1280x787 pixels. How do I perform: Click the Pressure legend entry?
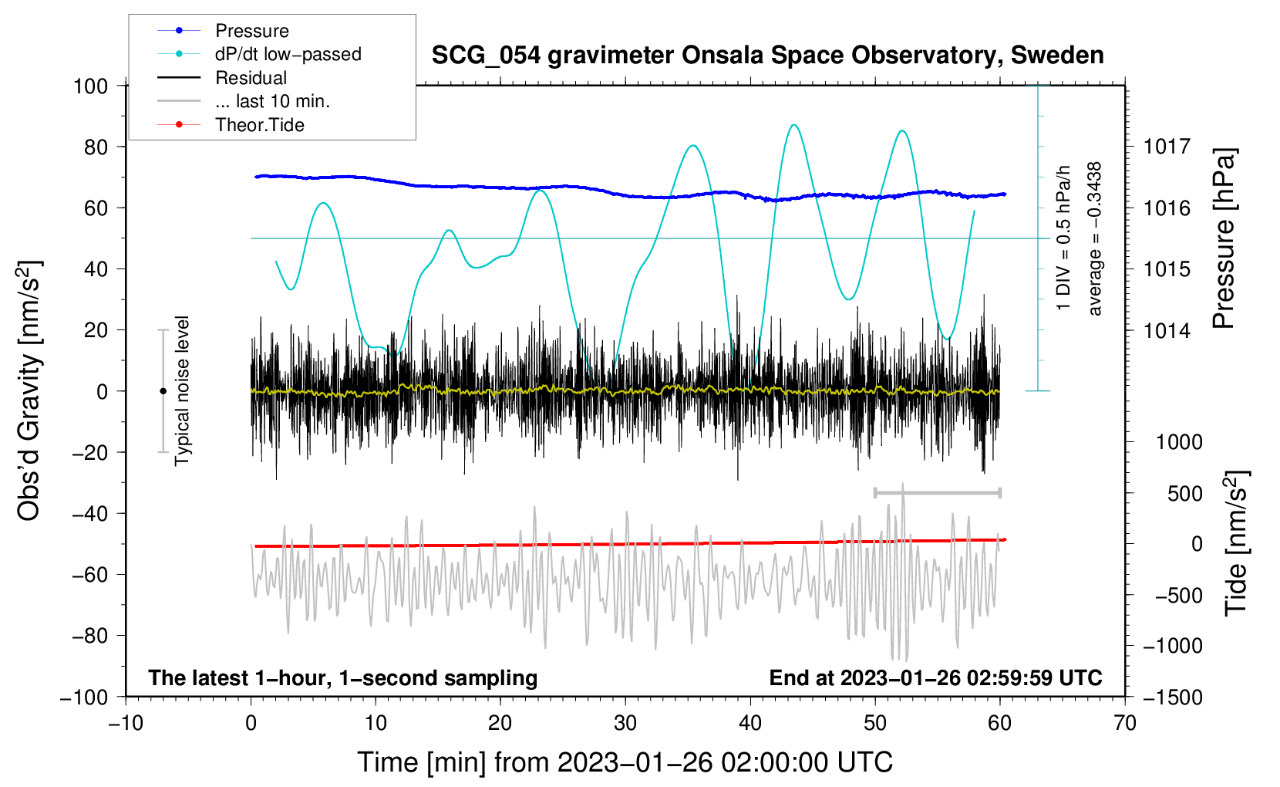point(223,30)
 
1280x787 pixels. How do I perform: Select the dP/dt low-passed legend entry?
point(259,54)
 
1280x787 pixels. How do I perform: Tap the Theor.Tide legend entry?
point(231,125)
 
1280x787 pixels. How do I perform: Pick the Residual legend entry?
point(222,78)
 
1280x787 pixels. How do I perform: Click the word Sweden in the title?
point(1057,56)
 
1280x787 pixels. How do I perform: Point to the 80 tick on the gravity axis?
point(96,147)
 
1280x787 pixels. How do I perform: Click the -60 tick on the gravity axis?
point(89,574)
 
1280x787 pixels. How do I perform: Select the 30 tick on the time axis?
point(625,723)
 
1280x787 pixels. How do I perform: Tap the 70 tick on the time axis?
point(1124,723)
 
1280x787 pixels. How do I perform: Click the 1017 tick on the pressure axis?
point(1167,147)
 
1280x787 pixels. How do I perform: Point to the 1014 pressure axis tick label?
point(1167,330)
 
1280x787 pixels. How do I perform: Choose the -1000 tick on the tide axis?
point(1173,646)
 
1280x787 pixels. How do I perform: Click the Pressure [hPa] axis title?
point(1224,239)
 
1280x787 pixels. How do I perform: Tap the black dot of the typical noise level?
point(163,391)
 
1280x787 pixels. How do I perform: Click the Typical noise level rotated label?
point(182,391)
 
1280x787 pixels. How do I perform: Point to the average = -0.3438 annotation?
point(1094,238)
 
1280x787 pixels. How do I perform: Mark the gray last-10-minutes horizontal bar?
point(937,493)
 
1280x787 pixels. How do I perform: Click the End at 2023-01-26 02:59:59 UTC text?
point(935,677)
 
